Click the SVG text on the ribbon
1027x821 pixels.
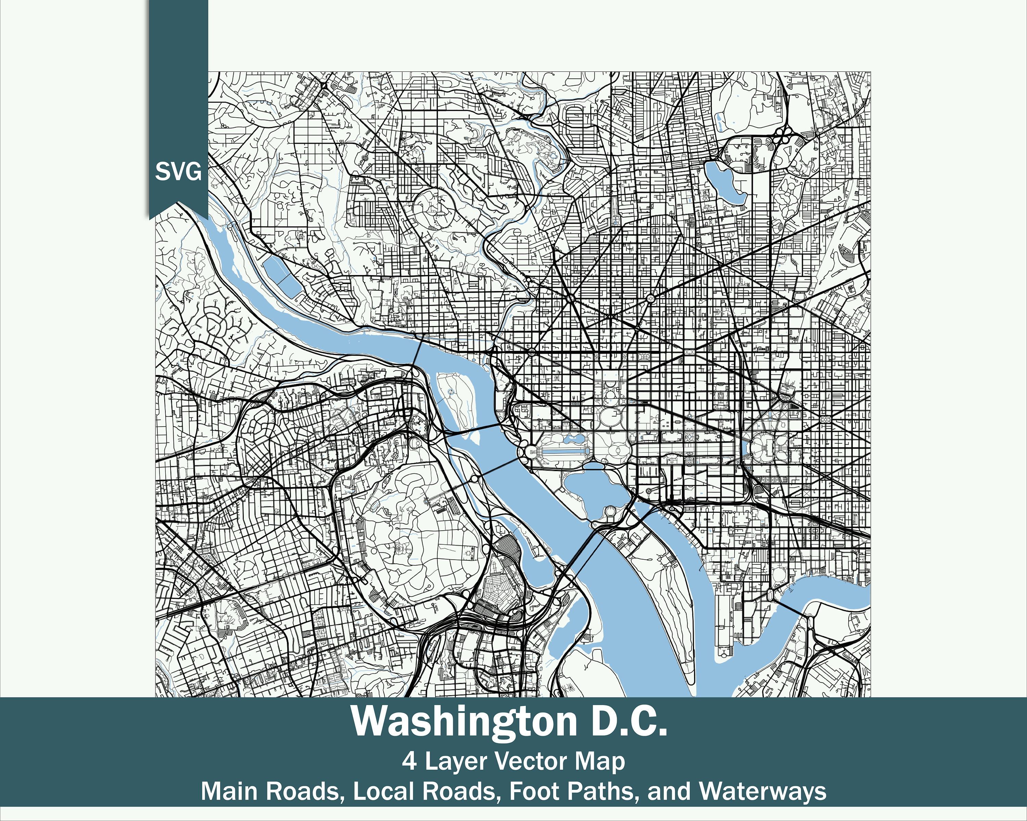(x=178, y=171)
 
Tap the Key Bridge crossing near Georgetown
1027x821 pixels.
(x=418, y=352)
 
